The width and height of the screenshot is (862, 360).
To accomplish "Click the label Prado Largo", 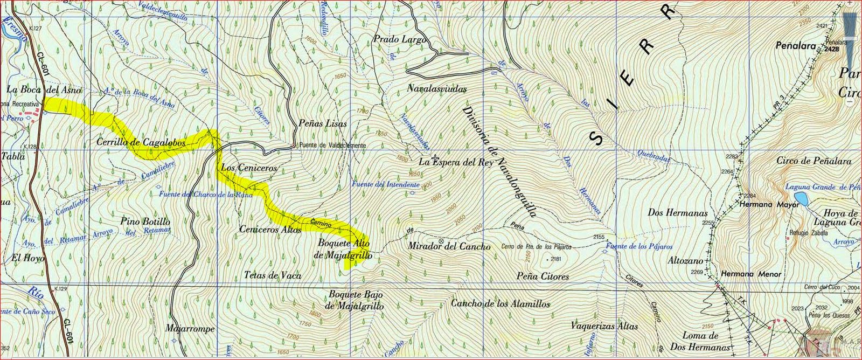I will pyautogui.click(x=399, y=39).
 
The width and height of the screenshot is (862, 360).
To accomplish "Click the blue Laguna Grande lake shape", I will pyautogui.click(x=800, y=199).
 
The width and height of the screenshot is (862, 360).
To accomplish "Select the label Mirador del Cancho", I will pyautogui.click(x=449, y=247).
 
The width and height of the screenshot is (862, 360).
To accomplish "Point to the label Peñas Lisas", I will pyautogui.click(x=323, y=123).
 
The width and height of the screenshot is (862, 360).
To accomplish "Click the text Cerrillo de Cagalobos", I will pyautogui.click(x=141, y=143).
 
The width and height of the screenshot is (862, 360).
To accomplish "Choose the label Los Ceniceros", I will pyautogui.click(x=249, y=168).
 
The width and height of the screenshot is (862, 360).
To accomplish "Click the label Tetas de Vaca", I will pyautogui.click(x=272, y=275).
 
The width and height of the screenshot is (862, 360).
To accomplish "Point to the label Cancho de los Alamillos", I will pyautogui.click(x=500, y=304).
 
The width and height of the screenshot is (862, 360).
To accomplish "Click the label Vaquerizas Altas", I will pyautogui.click(x=604, y=327).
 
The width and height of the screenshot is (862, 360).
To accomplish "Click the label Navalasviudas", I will pyautogui.click(x=436, y=88).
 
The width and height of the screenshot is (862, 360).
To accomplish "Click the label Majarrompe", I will pyautogui.click(x=190, y=329).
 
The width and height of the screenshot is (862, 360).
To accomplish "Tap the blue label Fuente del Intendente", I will pyautogui.click(x=385, y=184).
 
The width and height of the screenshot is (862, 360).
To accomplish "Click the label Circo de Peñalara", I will pyautogui.click(x=814, y=161).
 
